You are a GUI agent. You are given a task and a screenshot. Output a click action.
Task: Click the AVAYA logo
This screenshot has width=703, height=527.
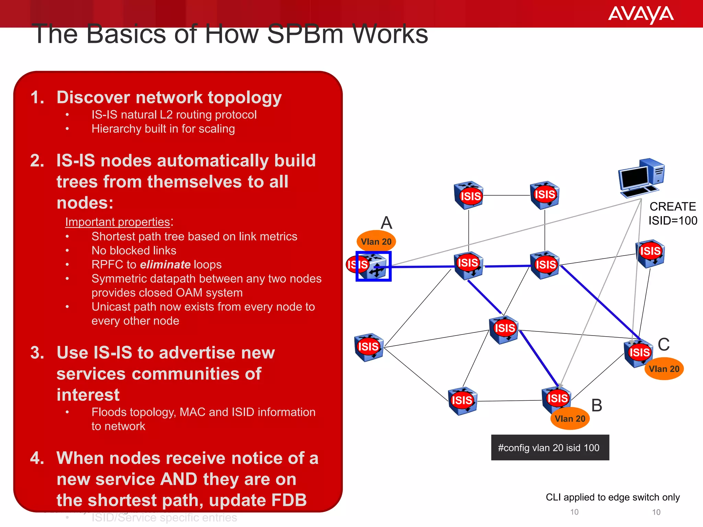(641, 14)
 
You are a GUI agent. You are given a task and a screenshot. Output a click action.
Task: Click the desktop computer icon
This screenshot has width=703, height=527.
(641, 178)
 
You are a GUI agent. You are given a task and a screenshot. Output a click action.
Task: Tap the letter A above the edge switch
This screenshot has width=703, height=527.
(387, 223)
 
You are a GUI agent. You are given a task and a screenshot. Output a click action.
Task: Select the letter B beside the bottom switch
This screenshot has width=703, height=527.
(597, 406)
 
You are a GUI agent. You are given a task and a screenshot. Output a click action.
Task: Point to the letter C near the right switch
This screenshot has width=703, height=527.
(664, 344)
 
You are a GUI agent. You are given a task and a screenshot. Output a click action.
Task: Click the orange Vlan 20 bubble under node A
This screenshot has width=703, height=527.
(376, 242)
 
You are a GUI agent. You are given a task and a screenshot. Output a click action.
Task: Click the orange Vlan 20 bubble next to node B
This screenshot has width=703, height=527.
(570, 419)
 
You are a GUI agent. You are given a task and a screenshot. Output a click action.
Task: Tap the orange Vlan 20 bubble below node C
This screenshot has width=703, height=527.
(664, 369)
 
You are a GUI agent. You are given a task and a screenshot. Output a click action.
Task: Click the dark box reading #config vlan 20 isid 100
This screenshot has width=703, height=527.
(550, 448)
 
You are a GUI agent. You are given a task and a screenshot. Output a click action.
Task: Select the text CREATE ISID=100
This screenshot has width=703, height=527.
(672, 213)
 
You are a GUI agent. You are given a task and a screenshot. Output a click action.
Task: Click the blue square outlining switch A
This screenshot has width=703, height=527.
(373, 266)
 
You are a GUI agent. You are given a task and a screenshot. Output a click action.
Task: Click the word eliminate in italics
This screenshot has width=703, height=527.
(165, 265)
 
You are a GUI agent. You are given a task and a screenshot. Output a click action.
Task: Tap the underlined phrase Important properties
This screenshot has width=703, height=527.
(118, 222)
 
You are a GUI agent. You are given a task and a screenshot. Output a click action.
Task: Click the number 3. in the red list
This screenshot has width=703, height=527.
(37, 353)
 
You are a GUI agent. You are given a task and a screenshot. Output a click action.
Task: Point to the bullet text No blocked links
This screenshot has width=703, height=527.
(134, 250)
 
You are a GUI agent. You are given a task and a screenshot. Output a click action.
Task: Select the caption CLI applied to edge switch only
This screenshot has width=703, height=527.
(613, 497)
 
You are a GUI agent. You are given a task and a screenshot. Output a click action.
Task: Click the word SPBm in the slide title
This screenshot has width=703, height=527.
(305, 34)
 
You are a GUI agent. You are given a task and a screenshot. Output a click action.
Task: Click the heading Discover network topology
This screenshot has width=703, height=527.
(169, 97)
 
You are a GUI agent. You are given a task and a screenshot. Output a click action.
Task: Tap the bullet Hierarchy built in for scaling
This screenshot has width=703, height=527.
(163, 129)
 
